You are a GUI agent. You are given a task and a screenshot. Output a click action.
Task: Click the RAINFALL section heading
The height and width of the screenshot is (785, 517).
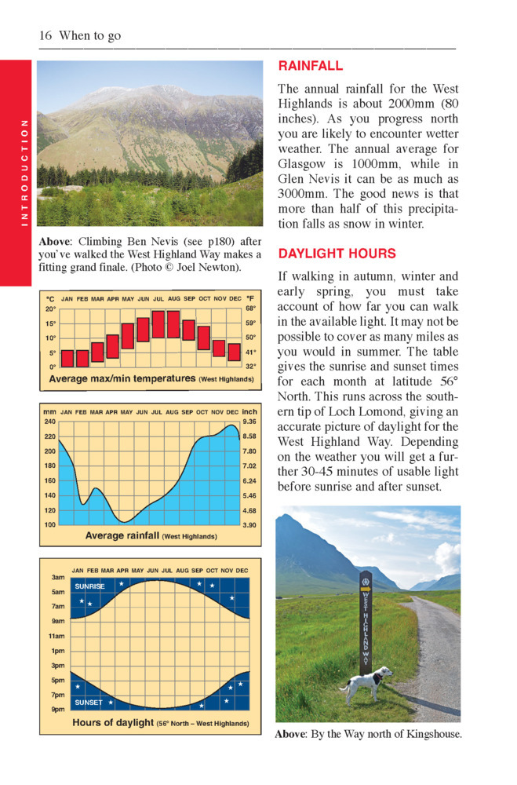(311, 67)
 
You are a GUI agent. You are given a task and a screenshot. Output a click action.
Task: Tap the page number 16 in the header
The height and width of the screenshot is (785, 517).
(45, 36)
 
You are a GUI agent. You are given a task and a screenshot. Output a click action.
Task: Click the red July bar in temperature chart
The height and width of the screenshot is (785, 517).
(158, 324)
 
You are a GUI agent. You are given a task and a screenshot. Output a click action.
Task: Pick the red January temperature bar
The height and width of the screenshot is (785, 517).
(68, 359)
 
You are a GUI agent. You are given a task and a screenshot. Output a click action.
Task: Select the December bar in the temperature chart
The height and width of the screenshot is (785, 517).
(234, 352)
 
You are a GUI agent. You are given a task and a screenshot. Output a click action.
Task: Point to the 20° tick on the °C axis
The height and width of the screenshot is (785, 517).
(51, 309)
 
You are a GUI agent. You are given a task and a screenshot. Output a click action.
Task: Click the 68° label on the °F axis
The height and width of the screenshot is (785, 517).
(250, 309)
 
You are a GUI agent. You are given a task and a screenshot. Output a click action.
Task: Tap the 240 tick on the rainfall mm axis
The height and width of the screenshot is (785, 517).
(50, 422)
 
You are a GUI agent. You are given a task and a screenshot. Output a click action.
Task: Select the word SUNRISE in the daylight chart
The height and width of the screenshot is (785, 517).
(89, 586)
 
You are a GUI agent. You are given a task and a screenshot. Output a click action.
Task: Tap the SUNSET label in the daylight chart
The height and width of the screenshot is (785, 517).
(88, 702)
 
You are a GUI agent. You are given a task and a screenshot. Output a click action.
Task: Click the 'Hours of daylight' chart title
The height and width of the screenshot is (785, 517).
(113, 722)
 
